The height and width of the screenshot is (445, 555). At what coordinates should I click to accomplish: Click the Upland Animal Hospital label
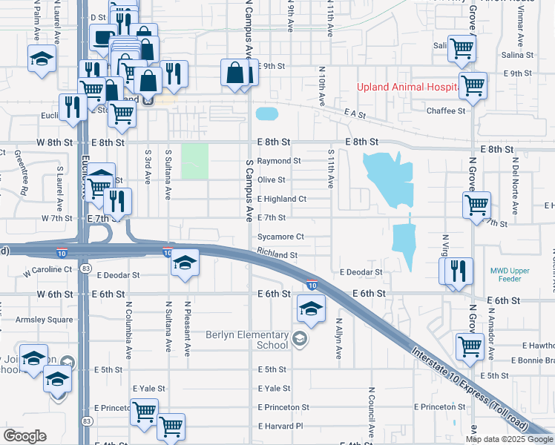pos(405,87)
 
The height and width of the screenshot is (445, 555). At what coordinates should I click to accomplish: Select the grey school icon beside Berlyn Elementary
pos(299,340)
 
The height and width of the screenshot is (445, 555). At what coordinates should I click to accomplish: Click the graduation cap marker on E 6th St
pos(311,308)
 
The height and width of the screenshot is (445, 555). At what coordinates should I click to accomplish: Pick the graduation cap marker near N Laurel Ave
pos(42,59)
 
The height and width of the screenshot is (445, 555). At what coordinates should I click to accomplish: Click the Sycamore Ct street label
pos(280,237)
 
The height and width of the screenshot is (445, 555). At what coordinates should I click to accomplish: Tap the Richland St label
pos(277,254)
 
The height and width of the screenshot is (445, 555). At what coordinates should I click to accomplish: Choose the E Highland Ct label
pos(281,199)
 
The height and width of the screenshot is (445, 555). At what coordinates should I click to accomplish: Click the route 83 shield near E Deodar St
pos(88,268)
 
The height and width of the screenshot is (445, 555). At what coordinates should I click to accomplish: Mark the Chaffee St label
pos(445,111)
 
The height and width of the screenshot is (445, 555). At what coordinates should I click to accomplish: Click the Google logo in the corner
pos(25,436)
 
